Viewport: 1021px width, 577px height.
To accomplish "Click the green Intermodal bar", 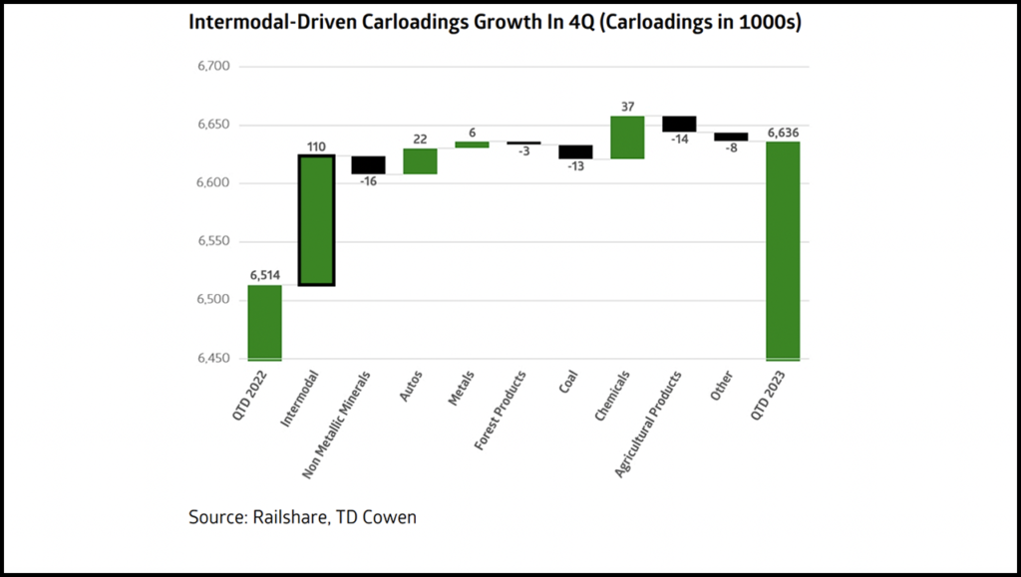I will tap(316, 220).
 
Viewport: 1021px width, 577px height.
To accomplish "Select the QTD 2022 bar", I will tap(264, 323).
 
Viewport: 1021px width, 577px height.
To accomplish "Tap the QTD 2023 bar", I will tap(783, 250).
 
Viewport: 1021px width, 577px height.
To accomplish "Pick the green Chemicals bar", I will tap(627, 138).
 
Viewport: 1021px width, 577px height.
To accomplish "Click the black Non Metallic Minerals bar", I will tap(368, 165).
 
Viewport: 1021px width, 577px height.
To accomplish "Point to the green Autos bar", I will tap(420, 161).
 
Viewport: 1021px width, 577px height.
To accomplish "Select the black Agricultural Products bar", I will tap(679, 124).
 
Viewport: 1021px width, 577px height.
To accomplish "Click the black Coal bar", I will tap(575, 151).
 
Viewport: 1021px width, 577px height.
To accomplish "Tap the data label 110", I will tap(316, 146).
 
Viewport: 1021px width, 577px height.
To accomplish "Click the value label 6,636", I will tap(783, 132).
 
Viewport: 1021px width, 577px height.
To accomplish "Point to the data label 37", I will tap(627, 107).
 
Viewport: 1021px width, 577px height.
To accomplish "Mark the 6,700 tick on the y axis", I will tap(213, 67).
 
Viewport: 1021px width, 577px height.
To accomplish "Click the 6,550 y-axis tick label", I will tap(213, 241).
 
